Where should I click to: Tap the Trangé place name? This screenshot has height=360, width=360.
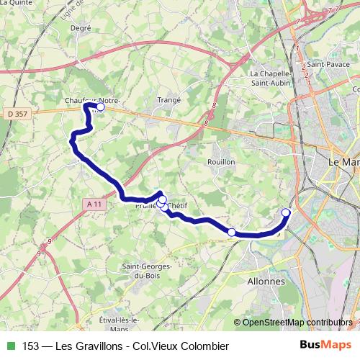[x=168, y=101]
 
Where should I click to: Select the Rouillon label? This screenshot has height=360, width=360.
[x=221, y=162]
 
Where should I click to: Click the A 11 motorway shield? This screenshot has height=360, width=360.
[x=91, y=204]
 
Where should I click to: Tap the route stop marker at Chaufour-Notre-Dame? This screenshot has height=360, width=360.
[x=101, y=107]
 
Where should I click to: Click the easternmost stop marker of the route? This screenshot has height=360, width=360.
[x=286, y=212]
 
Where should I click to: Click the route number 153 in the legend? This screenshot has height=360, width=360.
[x=31, y=346]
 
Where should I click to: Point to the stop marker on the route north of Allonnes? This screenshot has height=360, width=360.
[x=231, y=232]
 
